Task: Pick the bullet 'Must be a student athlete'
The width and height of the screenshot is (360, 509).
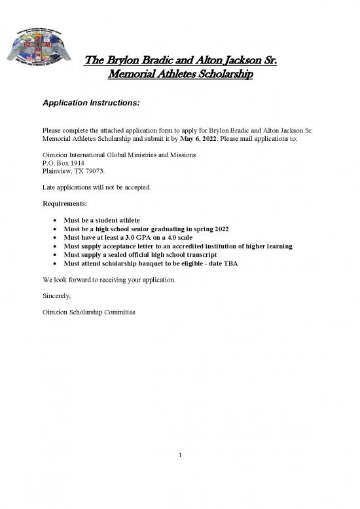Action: pos(101,219)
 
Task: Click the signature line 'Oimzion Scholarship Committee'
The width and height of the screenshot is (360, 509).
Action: pos(88,312)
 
